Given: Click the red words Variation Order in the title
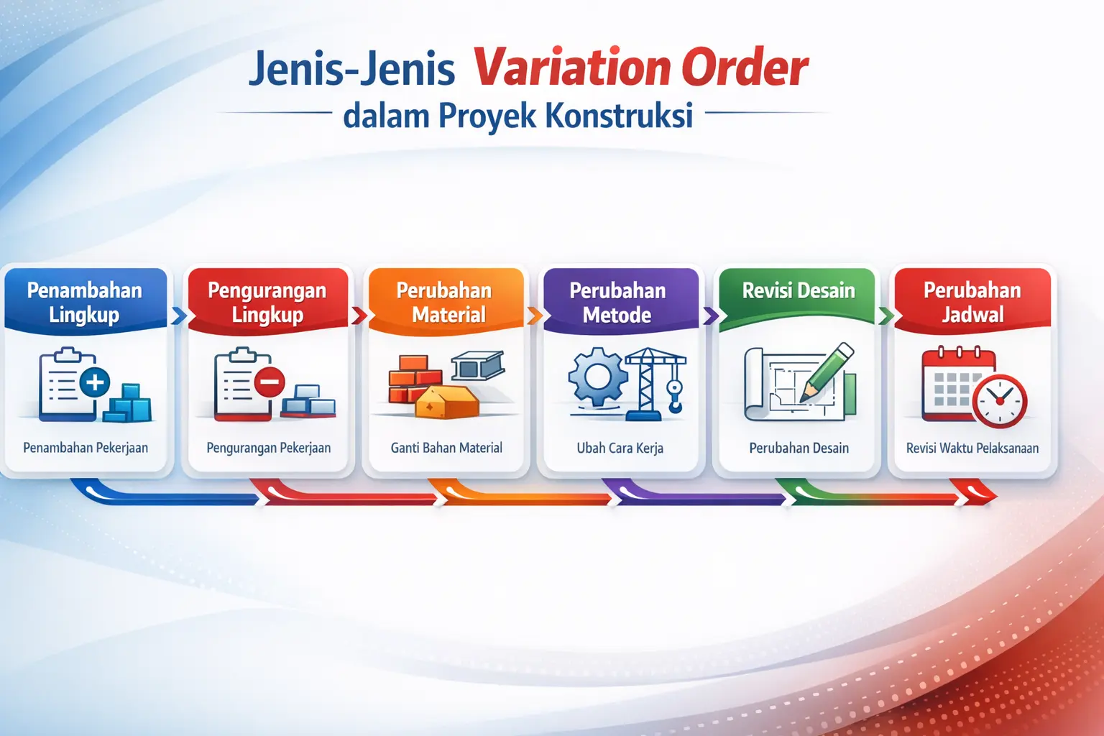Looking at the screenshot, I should [640, 68].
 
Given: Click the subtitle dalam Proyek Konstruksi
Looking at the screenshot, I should [517, 116].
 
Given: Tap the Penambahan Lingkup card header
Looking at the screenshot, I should [85, 302].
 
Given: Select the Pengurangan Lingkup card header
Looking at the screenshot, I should [267, 302].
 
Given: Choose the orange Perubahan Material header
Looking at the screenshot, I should [446, 302].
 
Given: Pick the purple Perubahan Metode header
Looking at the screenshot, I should [618, 302].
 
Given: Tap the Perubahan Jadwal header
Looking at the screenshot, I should [972, 302].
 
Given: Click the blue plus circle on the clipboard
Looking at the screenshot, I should [95, 382].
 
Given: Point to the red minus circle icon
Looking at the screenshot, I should [270, 382].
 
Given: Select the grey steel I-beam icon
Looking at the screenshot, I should [477, 365].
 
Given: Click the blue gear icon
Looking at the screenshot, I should [597, 377].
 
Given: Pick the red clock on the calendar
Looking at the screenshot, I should [1000, 401].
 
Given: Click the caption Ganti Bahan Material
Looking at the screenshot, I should [446, 448].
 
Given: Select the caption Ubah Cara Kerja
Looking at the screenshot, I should [620, 448].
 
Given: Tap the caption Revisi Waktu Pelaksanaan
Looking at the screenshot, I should [972, 448].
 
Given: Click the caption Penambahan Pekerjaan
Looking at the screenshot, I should [86, 448].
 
